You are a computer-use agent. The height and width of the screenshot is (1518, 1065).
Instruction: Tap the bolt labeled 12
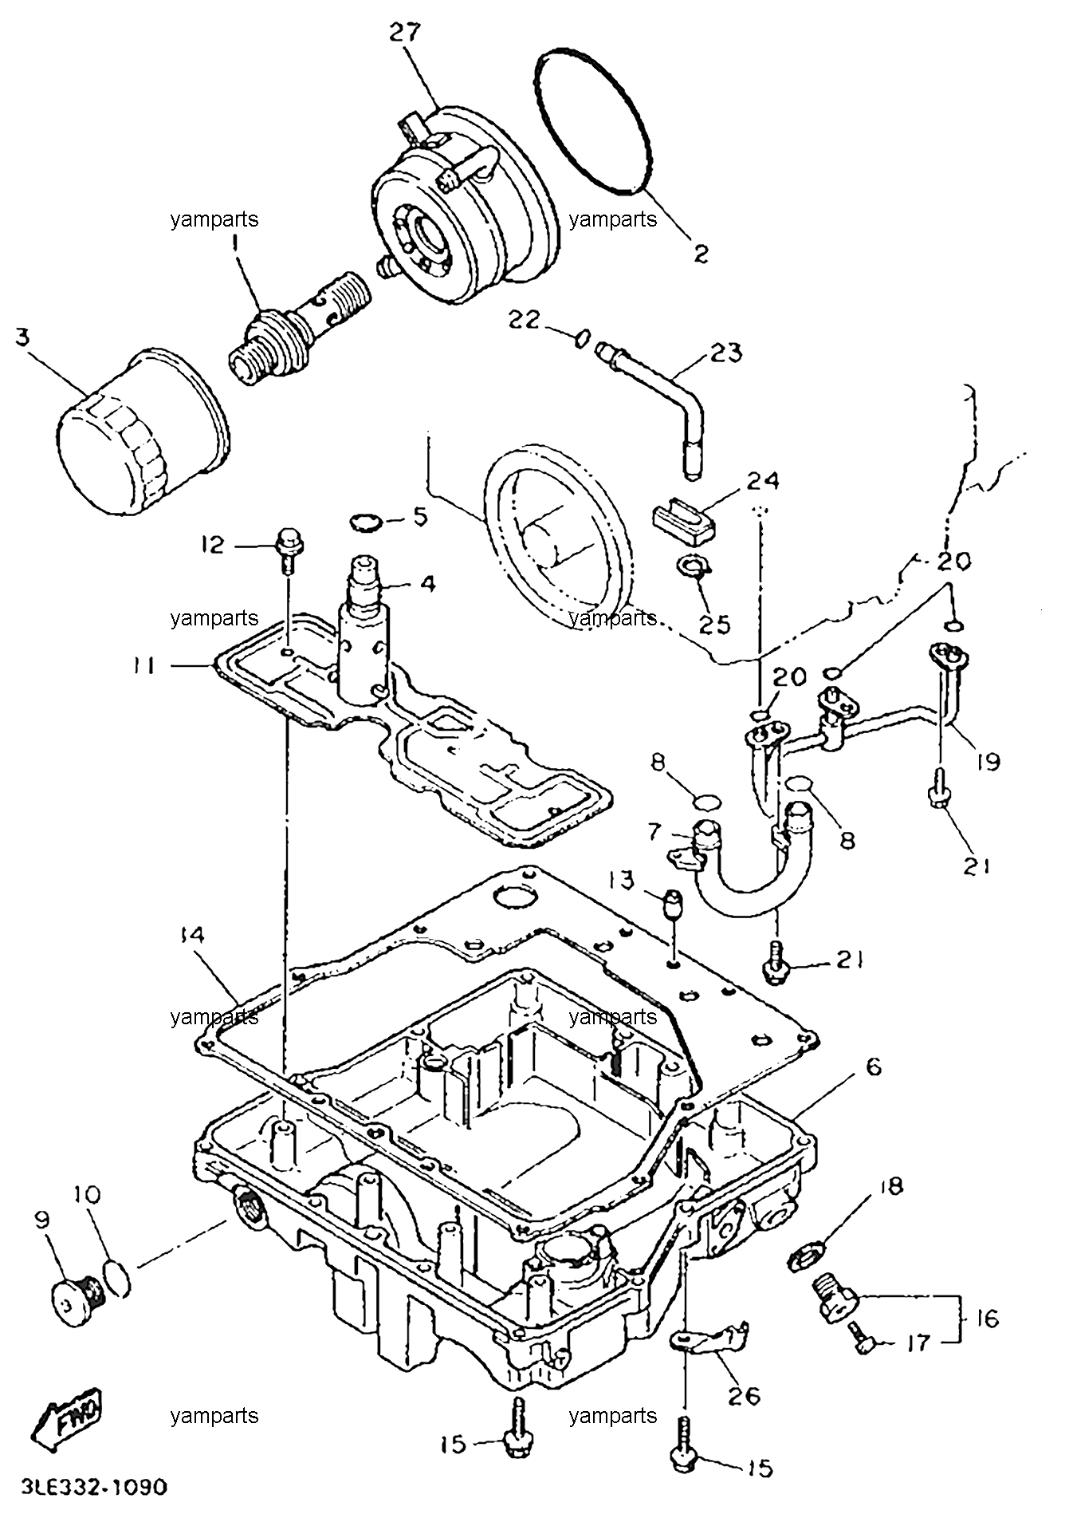point(285,550)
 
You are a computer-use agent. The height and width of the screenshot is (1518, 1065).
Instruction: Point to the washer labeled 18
point(806,1259)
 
